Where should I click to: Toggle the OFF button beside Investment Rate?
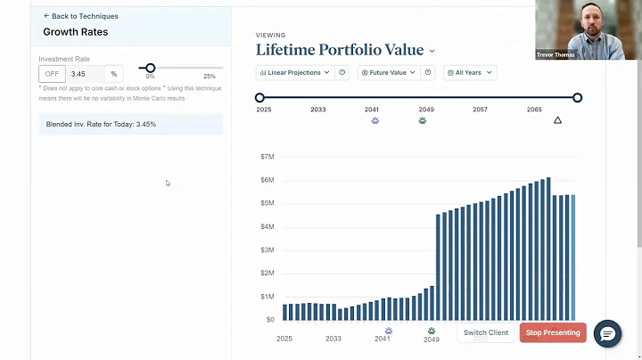coord(53,73)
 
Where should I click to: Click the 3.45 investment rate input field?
coord(85,73)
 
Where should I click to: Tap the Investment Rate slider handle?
coord(150,68)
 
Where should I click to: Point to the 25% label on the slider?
coord(210,77)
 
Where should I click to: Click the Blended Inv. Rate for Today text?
coord(101,124)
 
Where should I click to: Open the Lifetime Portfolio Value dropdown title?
coord(345,51)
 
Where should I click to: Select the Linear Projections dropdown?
coord(294,72)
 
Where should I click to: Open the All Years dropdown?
coord(470,72)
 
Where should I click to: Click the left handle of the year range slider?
coord(259,98)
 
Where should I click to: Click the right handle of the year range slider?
coord(577,98)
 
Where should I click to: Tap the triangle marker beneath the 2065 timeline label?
coord(558,120)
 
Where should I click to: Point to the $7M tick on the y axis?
coord(266,157)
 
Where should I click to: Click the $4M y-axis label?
coord(266,226)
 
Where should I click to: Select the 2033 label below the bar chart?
coord(333,339)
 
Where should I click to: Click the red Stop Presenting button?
coord(553,332)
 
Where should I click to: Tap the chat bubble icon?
coord(607,333)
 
